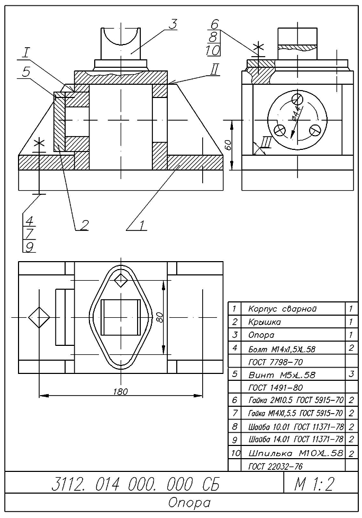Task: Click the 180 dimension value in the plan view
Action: [x=121, y=390]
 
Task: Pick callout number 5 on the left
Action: [x=26, y=72]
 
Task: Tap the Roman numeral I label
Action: [x=26, y=53]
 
